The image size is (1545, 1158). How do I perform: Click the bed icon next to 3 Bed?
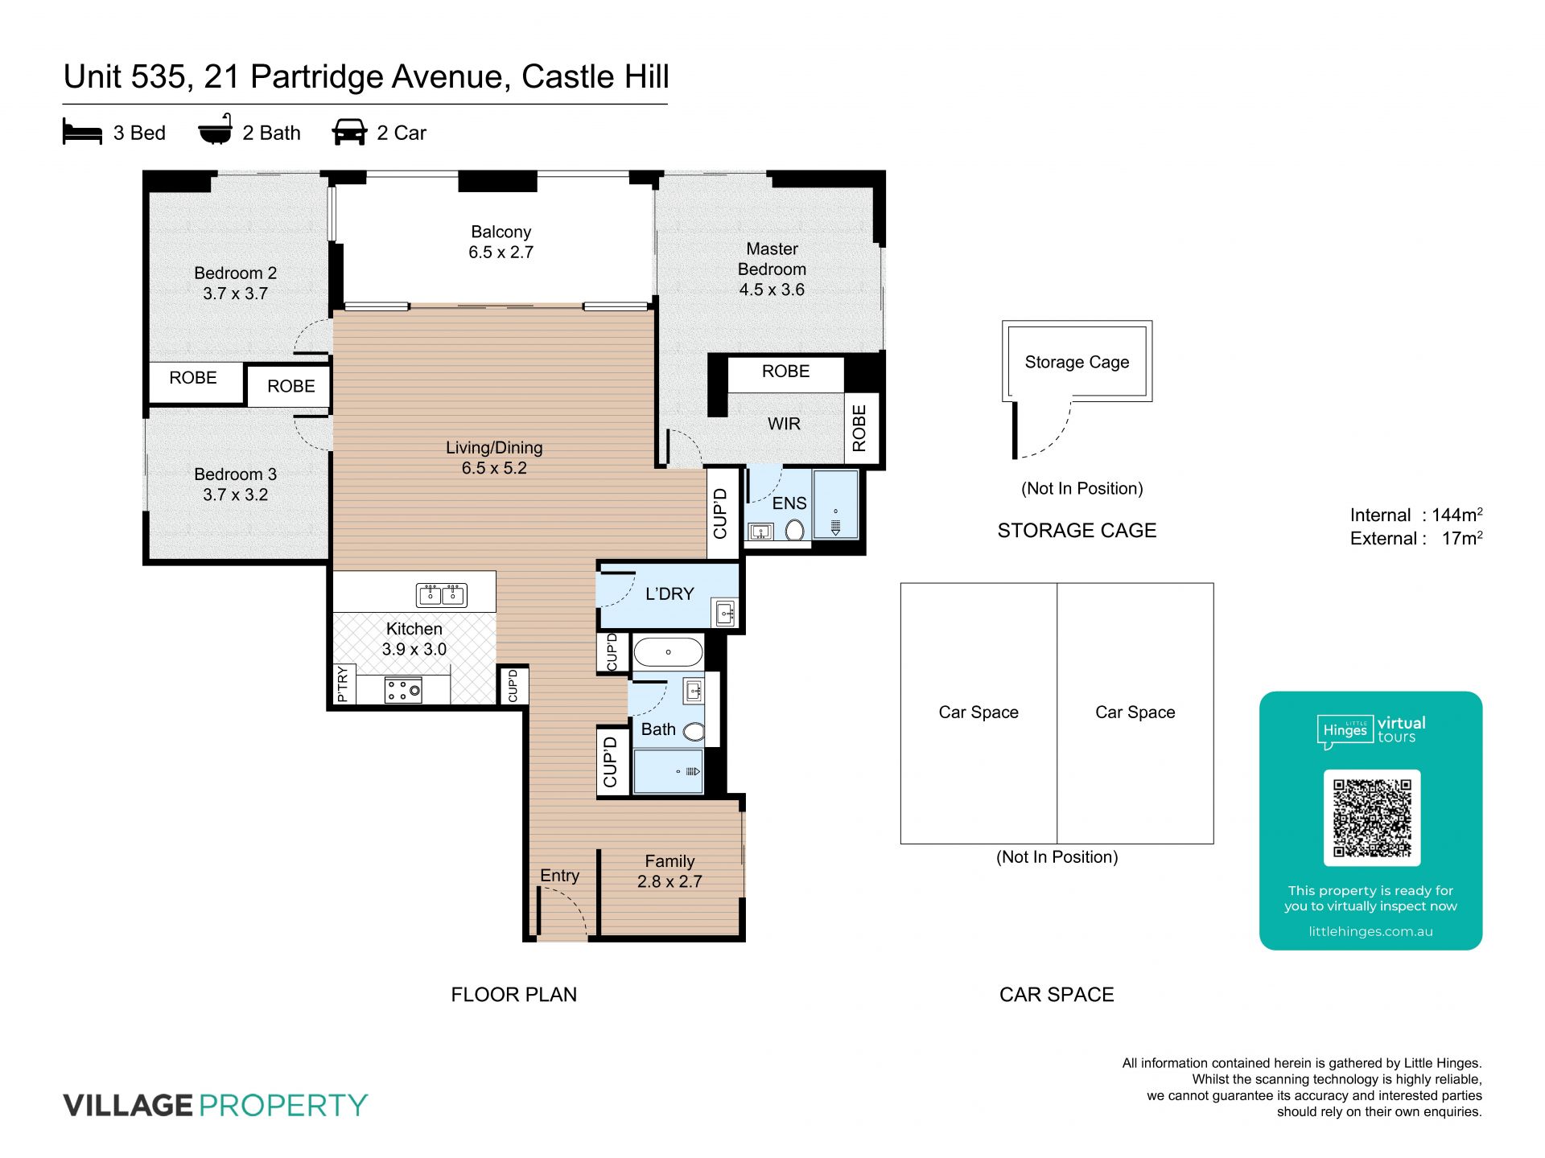tap(82, 132)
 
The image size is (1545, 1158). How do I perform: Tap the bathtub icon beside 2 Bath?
tap(216, 129)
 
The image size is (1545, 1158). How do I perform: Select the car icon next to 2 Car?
tap(349, 132)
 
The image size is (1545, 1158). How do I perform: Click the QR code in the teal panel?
tap(1372, 817)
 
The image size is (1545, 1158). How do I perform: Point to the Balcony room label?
tap(501, 232)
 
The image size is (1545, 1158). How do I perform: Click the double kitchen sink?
tap(442, 595)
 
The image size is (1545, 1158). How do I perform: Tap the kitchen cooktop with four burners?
tap(403, 689)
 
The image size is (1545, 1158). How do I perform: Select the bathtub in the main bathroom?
tap(668, 652)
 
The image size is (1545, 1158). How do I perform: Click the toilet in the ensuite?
tap(794, 530)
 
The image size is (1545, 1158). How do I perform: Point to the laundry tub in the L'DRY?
tap(725, 614)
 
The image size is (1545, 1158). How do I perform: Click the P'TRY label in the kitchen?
tap(343, 684)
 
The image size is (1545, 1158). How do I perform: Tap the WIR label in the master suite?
tap(784, 424)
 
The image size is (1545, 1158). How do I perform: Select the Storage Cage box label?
tap(1077, 362)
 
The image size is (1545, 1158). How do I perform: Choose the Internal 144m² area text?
tap(1416, 515)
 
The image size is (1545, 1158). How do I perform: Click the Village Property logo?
tap(216, 1106)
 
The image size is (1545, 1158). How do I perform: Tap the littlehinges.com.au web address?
tap(1370, 931)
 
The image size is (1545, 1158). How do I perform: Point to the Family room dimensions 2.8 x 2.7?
tap(669, 881)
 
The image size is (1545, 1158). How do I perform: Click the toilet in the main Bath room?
tap(694, 732)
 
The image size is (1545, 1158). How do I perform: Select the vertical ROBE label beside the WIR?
tap(859, 428)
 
